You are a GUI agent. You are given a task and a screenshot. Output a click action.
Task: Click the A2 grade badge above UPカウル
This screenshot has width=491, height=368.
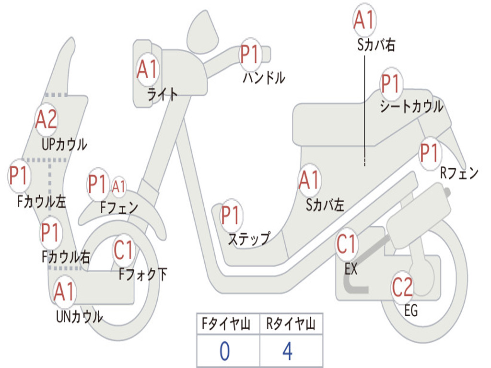(x=46, y=119)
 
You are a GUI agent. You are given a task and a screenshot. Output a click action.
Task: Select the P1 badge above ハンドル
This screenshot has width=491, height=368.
(x=249, y=55)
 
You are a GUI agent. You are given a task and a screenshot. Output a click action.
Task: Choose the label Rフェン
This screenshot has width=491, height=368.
(x=459, y=173)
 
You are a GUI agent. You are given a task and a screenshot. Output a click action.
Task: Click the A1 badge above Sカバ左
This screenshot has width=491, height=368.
(x=309, y=180)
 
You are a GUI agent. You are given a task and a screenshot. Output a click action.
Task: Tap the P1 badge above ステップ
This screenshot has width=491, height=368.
(x=230, y=216)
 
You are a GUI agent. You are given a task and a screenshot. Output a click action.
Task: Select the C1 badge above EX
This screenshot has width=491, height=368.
(x=346, y=244)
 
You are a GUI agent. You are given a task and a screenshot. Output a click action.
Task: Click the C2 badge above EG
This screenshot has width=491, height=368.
(x=402, y=287)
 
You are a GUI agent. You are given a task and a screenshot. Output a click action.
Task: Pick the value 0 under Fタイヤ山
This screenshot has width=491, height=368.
(x=224, y=351)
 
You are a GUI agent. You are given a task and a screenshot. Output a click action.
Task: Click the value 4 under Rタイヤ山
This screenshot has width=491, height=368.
(x=288, y=351)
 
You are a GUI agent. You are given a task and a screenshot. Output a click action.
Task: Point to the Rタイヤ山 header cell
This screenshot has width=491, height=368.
(x=291, y=325)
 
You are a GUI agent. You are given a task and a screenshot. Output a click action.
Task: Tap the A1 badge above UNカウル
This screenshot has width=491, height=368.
(x=64, y=292)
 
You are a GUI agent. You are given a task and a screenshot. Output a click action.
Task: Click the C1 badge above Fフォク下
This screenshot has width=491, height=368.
(x=124, y=249)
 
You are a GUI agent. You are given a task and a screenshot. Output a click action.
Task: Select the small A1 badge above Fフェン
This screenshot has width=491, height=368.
(x=119, y=187)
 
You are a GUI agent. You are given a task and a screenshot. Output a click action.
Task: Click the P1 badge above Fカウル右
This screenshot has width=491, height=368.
(x=50, y=232)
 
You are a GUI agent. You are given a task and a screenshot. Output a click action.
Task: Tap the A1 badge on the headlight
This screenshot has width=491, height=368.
(x=147, y=70)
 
